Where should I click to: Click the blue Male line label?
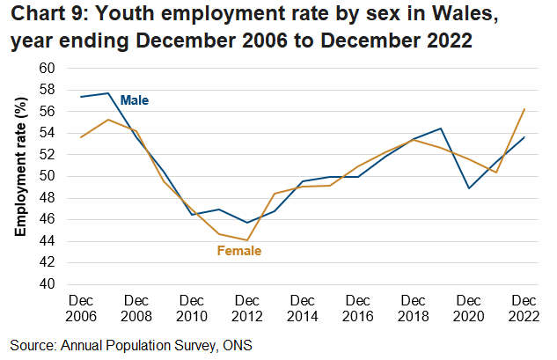coord(135,100)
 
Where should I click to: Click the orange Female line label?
coord(239,251)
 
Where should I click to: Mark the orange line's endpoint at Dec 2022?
coord(525,109)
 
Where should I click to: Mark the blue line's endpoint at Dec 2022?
coord(525,136)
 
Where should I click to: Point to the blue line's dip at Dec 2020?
coord(470,187)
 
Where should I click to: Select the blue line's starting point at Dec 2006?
coord(80,97)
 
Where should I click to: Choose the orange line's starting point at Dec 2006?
coord(80,137)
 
